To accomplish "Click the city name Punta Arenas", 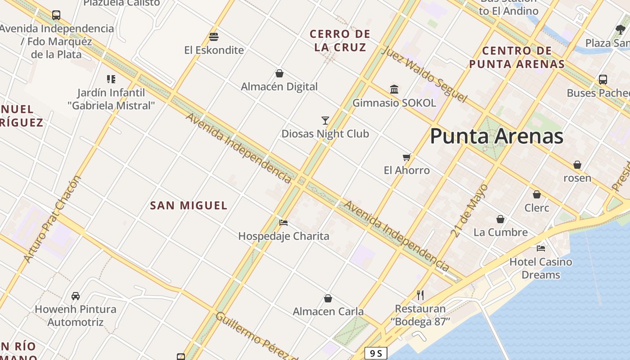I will pyautogui.click(x=496, y=136).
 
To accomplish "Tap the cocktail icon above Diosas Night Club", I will pyautogui.click(x=325, y=120).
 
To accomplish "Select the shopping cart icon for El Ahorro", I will pyautogui.click(x=407, y=157).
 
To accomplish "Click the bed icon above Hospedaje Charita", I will pyautogui.click(x=283, y=222).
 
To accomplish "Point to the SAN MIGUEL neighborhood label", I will pyautogui.click(x=189, y=206).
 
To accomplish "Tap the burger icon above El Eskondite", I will pyautogui.click(x=214, y=36).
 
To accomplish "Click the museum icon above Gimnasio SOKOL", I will pyautogui.click(x=394, y=89).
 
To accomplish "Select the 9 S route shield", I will pyautogui.click(x=375, y=353).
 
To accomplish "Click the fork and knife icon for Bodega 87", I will pyautogui.click(x=420, y=295).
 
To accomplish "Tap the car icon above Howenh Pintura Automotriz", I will pyautogui.click(x=76, y=296).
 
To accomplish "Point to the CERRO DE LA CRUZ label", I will pyautogui.click(x=340, y=40).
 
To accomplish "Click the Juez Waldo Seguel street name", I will pyautogui.click(x=424, y=74).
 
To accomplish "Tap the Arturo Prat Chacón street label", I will pyautogui.click(x=52, y=219).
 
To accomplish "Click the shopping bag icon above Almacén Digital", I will pyautogui.click(x=279, y=73).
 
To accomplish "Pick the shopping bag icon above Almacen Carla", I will pyautogui.click(x=328, y=298).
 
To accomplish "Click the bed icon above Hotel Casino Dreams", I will pyautogui.click(x=541, y=248).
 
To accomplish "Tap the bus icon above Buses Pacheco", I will pyautogui.click(x=603, y=80).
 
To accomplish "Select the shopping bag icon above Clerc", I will pyautogui.click(x=536, y=194).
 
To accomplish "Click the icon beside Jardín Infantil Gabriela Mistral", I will pyautogui.click(x=111, y=79).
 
